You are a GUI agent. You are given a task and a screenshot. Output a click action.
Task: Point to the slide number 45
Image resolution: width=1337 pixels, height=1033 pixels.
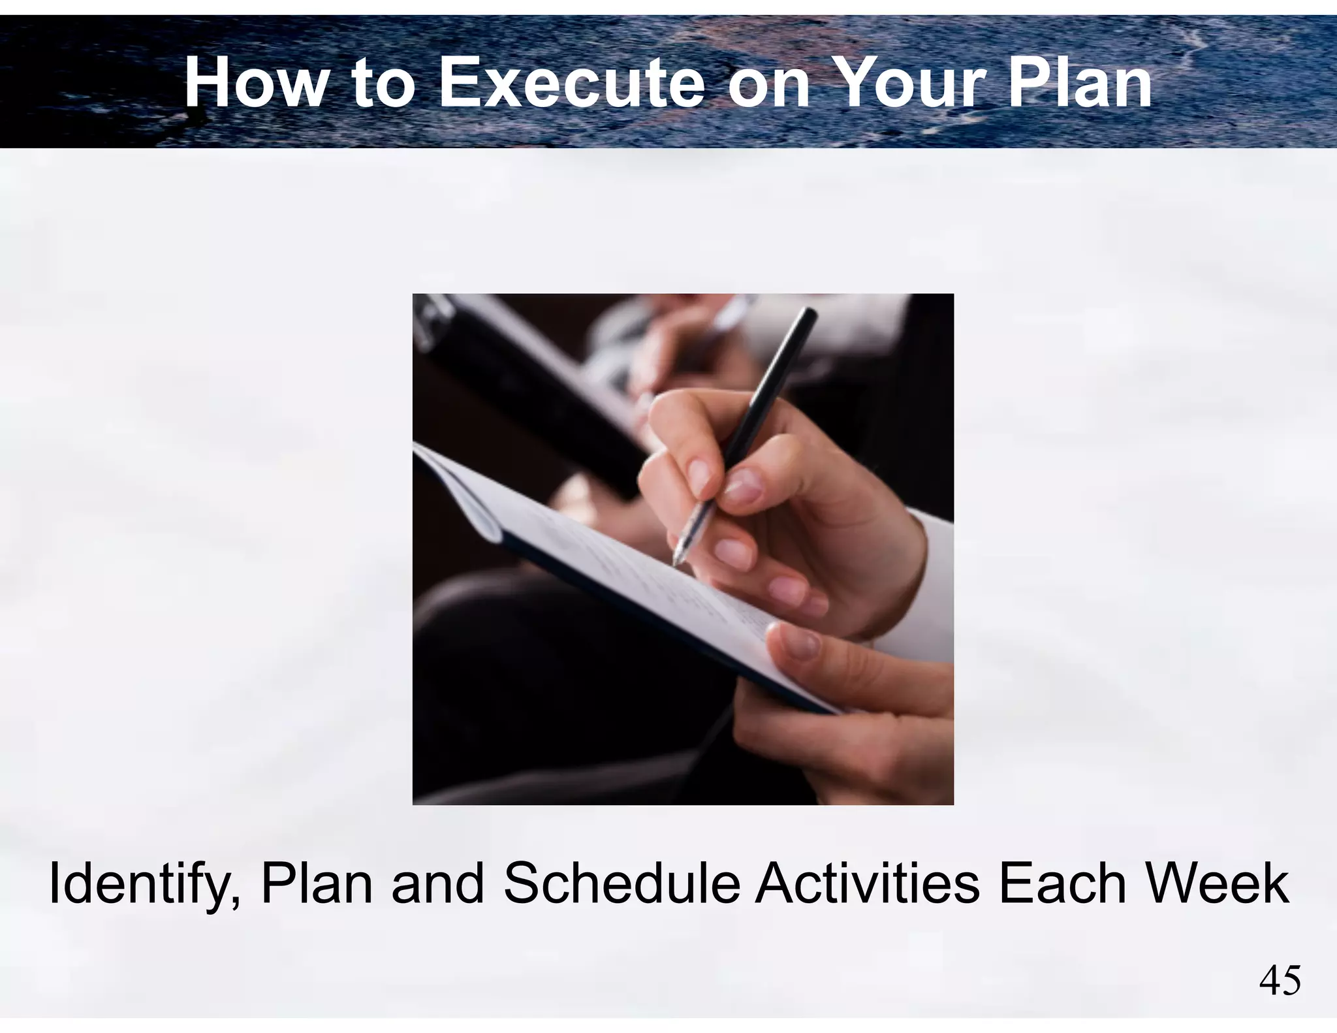pos(1280,981)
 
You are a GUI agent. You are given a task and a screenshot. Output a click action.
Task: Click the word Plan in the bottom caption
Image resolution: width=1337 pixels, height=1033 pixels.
pos(317,885)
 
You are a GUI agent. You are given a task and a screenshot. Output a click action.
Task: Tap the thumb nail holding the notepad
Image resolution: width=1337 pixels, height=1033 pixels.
pos(796,644)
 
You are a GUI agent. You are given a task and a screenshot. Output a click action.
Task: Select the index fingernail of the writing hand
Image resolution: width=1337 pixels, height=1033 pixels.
pos(700,477)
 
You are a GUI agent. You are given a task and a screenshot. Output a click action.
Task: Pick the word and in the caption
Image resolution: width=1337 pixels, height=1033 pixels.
pos(438,885)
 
